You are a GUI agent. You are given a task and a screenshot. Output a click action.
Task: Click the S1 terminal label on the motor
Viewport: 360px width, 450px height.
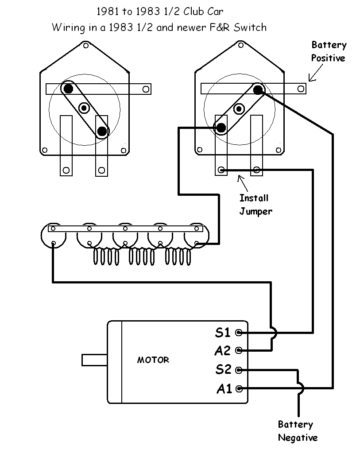tap(223, 332)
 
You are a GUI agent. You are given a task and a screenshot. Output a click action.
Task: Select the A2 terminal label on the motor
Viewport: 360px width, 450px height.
tap(222, 351)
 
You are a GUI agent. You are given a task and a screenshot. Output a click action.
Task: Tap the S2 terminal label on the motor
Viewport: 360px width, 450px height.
tap(223, 369)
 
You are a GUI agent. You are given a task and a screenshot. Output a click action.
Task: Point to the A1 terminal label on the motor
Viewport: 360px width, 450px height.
tap(224, 389)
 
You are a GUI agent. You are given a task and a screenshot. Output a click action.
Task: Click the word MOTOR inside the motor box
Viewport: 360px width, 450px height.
tap(153, 360)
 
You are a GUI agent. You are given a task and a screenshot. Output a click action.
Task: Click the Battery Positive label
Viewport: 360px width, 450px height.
tap(328, 51)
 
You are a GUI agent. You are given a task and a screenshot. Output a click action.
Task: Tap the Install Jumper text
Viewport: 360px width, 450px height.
tap(255, 205)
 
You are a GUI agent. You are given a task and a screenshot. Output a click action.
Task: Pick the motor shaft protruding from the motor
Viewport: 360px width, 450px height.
tap(94, 360)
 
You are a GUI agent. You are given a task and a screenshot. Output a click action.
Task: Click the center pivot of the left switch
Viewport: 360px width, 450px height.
tap(84, 108)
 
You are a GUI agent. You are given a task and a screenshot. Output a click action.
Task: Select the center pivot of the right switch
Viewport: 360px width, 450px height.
tap(239, 108)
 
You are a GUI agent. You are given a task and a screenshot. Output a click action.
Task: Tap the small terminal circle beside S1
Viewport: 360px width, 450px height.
tap(239, 332)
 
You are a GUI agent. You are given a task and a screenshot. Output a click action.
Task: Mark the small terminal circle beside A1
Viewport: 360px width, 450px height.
tap(240, 389)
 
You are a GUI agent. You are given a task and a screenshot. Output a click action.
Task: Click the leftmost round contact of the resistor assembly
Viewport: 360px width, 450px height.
tap(53, 243)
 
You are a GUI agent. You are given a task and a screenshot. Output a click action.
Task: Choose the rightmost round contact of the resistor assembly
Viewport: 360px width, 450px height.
tap(197, 243)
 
